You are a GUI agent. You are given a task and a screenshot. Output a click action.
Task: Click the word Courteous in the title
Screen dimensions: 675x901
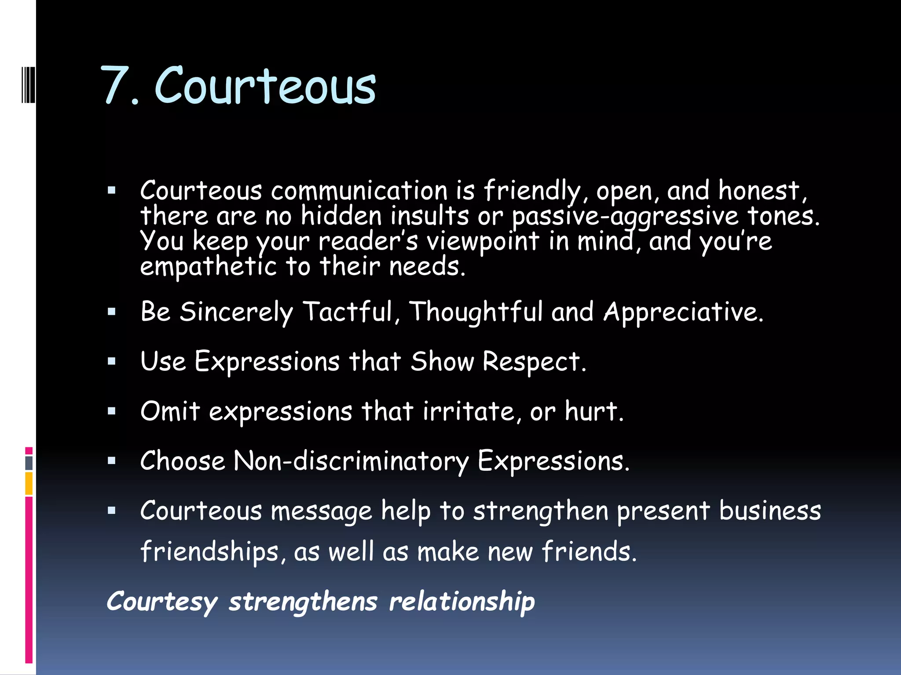coord(265,85)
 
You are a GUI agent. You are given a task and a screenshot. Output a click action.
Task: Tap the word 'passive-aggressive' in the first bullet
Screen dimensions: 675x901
coord(625,217)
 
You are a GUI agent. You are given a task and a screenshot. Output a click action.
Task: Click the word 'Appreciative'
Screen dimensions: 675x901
coord(683,312)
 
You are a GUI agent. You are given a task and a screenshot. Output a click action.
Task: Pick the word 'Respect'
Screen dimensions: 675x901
coord(534,362)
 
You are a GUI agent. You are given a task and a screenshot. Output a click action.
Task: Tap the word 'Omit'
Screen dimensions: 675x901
coord(170,411)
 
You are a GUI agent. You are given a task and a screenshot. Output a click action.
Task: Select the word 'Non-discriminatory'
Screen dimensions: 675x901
coord(351,461)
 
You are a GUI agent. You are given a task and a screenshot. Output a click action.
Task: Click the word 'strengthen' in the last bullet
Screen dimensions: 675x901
coord(541,511)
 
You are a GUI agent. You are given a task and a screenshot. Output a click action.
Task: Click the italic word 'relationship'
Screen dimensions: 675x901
coord(462,602)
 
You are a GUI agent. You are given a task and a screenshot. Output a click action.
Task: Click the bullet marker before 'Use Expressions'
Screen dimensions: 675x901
coord(112,362)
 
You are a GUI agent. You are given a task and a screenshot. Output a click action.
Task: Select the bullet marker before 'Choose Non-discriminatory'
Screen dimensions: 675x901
coord(112,461)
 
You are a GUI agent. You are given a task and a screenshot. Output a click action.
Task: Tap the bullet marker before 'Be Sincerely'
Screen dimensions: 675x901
coord(112,312)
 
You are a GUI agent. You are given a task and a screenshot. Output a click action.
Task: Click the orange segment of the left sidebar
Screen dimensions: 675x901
coord(29,483)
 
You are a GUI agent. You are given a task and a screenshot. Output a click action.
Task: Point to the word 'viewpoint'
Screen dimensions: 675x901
coord(483,242)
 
